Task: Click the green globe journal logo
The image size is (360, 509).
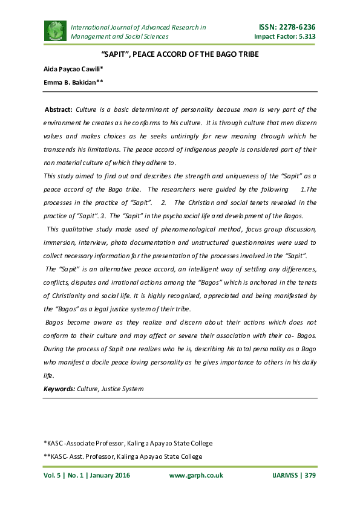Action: point(54,31)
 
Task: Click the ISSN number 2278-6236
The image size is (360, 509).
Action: point(295,27)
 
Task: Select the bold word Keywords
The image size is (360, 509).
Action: point(59,388)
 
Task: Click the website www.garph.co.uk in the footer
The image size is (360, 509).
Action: point(196,475)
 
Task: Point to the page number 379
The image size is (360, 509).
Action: point(309,475)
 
